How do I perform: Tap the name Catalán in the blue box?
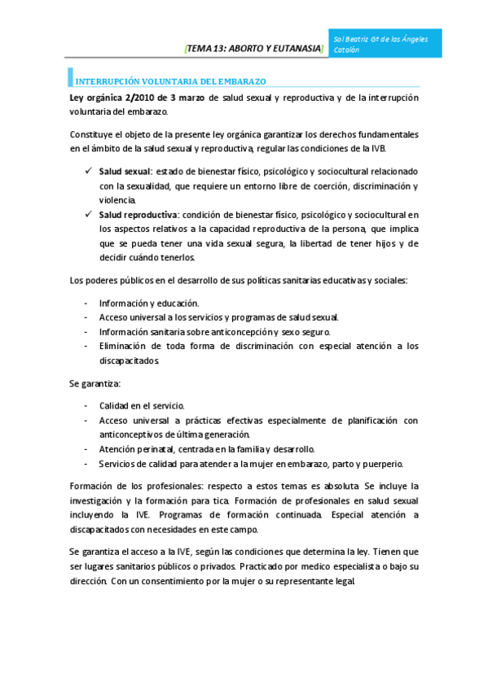[x=346, y=50]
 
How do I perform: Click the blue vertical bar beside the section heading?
[x=70, y=78]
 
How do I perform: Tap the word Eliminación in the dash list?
[x=125, y=346]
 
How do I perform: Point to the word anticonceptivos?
[x=134, y=435]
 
